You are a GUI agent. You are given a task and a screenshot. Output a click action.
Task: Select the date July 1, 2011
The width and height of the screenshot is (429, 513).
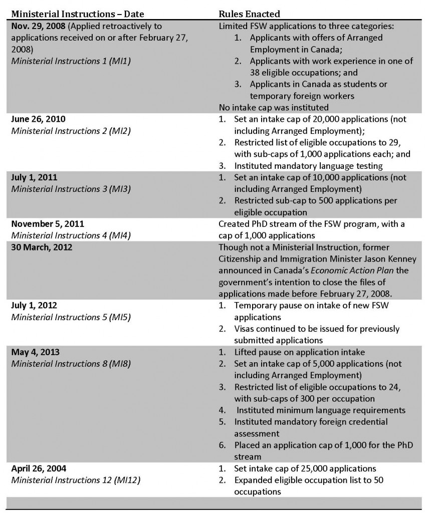pos(30,178)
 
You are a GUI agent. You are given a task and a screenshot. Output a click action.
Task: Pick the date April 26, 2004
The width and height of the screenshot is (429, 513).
pos(35,469)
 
